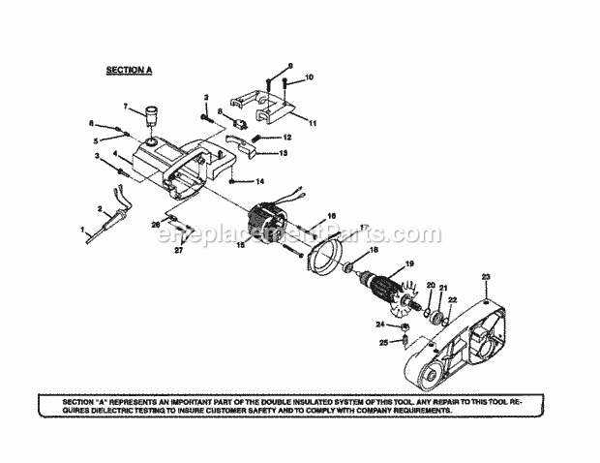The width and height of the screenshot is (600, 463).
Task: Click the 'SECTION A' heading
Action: (x=129, y=71)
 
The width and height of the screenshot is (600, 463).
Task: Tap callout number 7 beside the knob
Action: (x=125, y=104)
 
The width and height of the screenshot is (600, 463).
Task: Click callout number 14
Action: (x=259, y=181)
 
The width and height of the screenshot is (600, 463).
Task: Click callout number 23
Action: (x=486, y=277)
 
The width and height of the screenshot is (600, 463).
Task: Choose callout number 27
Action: (x=177, y=250)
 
